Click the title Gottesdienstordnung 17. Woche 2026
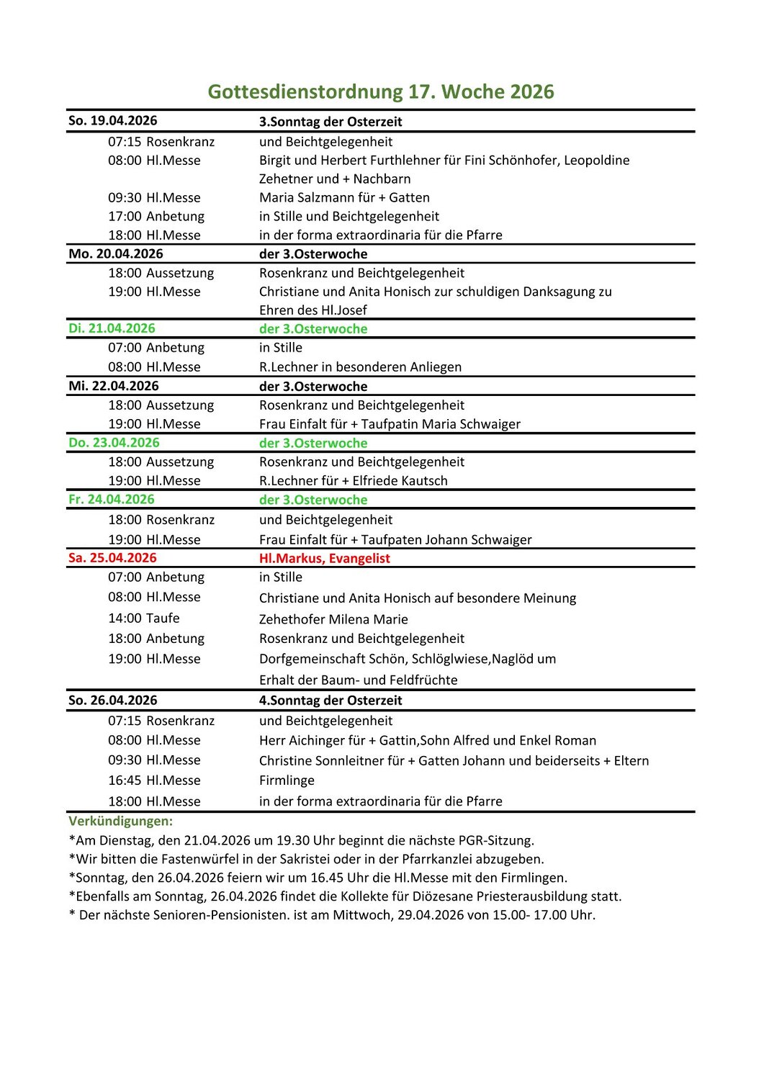[381, 91]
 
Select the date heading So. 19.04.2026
[112, 121]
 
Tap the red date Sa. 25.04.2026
[112, 558]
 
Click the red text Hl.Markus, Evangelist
[324, 558]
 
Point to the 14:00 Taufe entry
[143, 618]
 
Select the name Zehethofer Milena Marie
[333, 619]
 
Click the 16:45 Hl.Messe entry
[154, 780]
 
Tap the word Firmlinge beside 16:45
[287, 780]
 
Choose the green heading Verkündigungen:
[120, 821]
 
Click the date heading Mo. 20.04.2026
[115, 254]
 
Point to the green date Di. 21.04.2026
[112, 328]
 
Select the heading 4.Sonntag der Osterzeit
[331, 701]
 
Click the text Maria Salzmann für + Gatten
[344, 198]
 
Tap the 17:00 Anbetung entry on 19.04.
[156, 217]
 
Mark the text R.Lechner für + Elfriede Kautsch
[353, 481]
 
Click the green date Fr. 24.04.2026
[111, 500]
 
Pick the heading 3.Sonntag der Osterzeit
[331, 122]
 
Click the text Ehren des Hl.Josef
[313, 310]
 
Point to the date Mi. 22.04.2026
[113, 386]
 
